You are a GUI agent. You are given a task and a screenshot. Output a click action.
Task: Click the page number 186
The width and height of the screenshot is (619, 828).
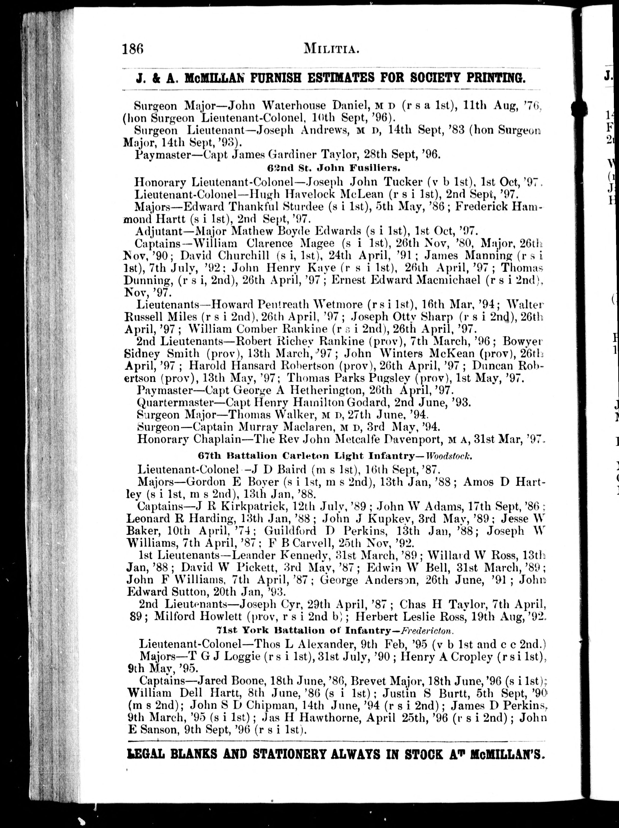[x=133, y=49]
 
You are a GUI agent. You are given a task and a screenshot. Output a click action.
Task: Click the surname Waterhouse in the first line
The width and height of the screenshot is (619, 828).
[x=293, y=106]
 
